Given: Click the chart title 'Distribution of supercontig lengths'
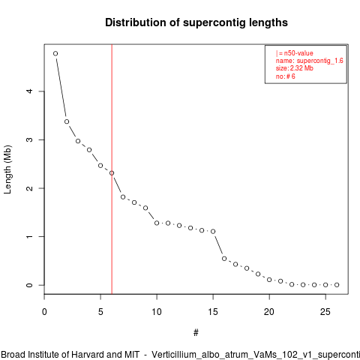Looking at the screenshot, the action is (196, 22).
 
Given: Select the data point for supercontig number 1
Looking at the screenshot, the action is (55, 53).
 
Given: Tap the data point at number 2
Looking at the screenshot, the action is (67, 121).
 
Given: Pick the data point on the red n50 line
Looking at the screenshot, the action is (112, 173).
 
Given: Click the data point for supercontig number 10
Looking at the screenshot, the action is (157, 223).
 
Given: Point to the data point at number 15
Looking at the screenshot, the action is (213, 232).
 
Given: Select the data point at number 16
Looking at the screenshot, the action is (224, 259).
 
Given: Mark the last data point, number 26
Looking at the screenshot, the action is (337, 285).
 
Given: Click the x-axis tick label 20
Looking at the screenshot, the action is (269, 312).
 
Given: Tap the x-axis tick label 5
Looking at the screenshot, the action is (100, 312).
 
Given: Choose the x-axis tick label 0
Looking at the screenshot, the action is (44, 312).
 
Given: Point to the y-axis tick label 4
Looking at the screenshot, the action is (29, 91).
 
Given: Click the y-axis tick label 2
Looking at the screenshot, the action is (29, 188).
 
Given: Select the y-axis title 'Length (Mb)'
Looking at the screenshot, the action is (7, 169).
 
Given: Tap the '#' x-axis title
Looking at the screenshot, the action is (196, 333).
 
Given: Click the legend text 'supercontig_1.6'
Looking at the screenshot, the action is (320, 61).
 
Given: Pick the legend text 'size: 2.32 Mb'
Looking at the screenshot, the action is (295, 68).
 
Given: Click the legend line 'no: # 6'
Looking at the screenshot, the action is (286, 76).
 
